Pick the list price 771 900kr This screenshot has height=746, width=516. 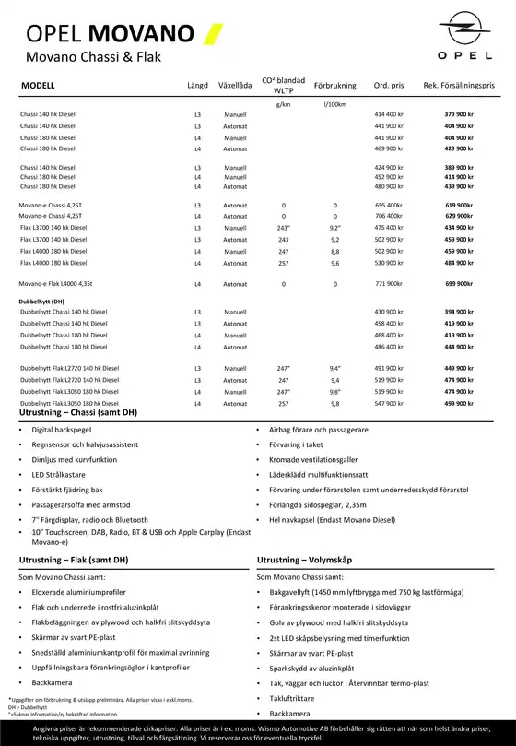(x=388, y=284)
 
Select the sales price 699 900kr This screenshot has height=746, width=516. (x=458, y=284)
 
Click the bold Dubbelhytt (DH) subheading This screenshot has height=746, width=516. (x=41, y=302)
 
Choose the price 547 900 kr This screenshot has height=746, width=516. (x=389, y=403)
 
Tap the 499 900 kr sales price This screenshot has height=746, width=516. (x=458, y=403)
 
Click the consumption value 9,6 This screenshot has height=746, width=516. (x=335, y=263)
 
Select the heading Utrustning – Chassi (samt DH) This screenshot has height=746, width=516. (x=77, y=412)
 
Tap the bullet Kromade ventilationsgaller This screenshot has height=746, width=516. (x=313, y=459)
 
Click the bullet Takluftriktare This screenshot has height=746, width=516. (x=292, y=699)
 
